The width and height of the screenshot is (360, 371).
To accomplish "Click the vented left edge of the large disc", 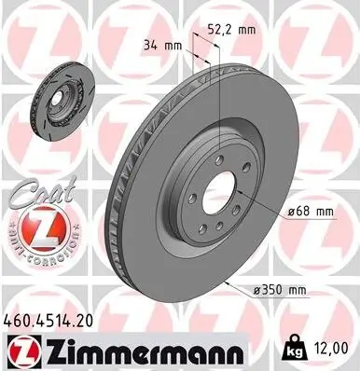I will pyautogui.click(x=119, y=196).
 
